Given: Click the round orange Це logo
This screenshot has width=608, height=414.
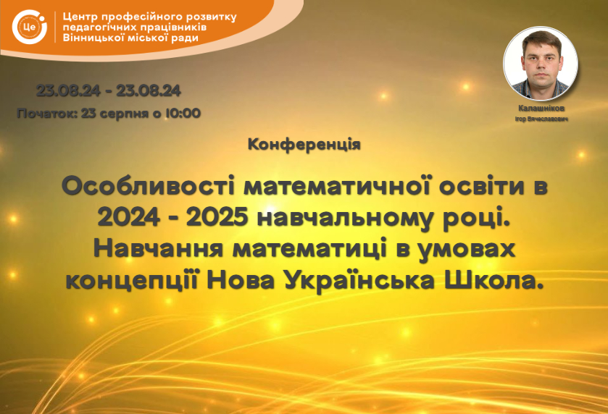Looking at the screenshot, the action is point(30,27).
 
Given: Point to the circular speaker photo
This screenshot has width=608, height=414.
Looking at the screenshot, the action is point(540,64).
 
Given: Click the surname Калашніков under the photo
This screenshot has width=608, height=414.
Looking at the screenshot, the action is point(541,109).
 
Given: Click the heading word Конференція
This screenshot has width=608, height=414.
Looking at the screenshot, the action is point(304,145).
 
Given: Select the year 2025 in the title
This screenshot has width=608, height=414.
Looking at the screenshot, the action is point(217,218).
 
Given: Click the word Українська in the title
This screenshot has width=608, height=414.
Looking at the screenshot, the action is point(359,280).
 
